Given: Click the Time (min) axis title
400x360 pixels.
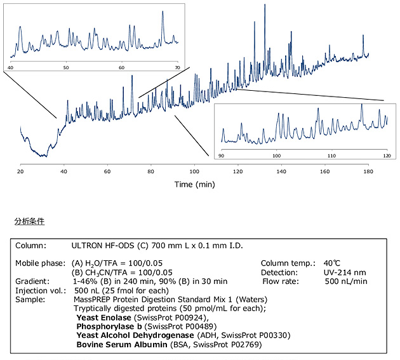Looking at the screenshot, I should (x=196, y=184).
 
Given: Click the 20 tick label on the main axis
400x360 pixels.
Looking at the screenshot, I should (x=21, y=171).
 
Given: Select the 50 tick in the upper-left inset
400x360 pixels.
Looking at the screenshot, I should (x=66, y=67).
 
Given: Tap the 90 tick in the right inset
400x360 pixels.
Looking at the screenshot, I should (x=222, y=156).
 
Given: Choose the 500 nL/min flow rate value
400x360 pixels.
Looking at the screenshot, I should (x=347, y=281).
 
